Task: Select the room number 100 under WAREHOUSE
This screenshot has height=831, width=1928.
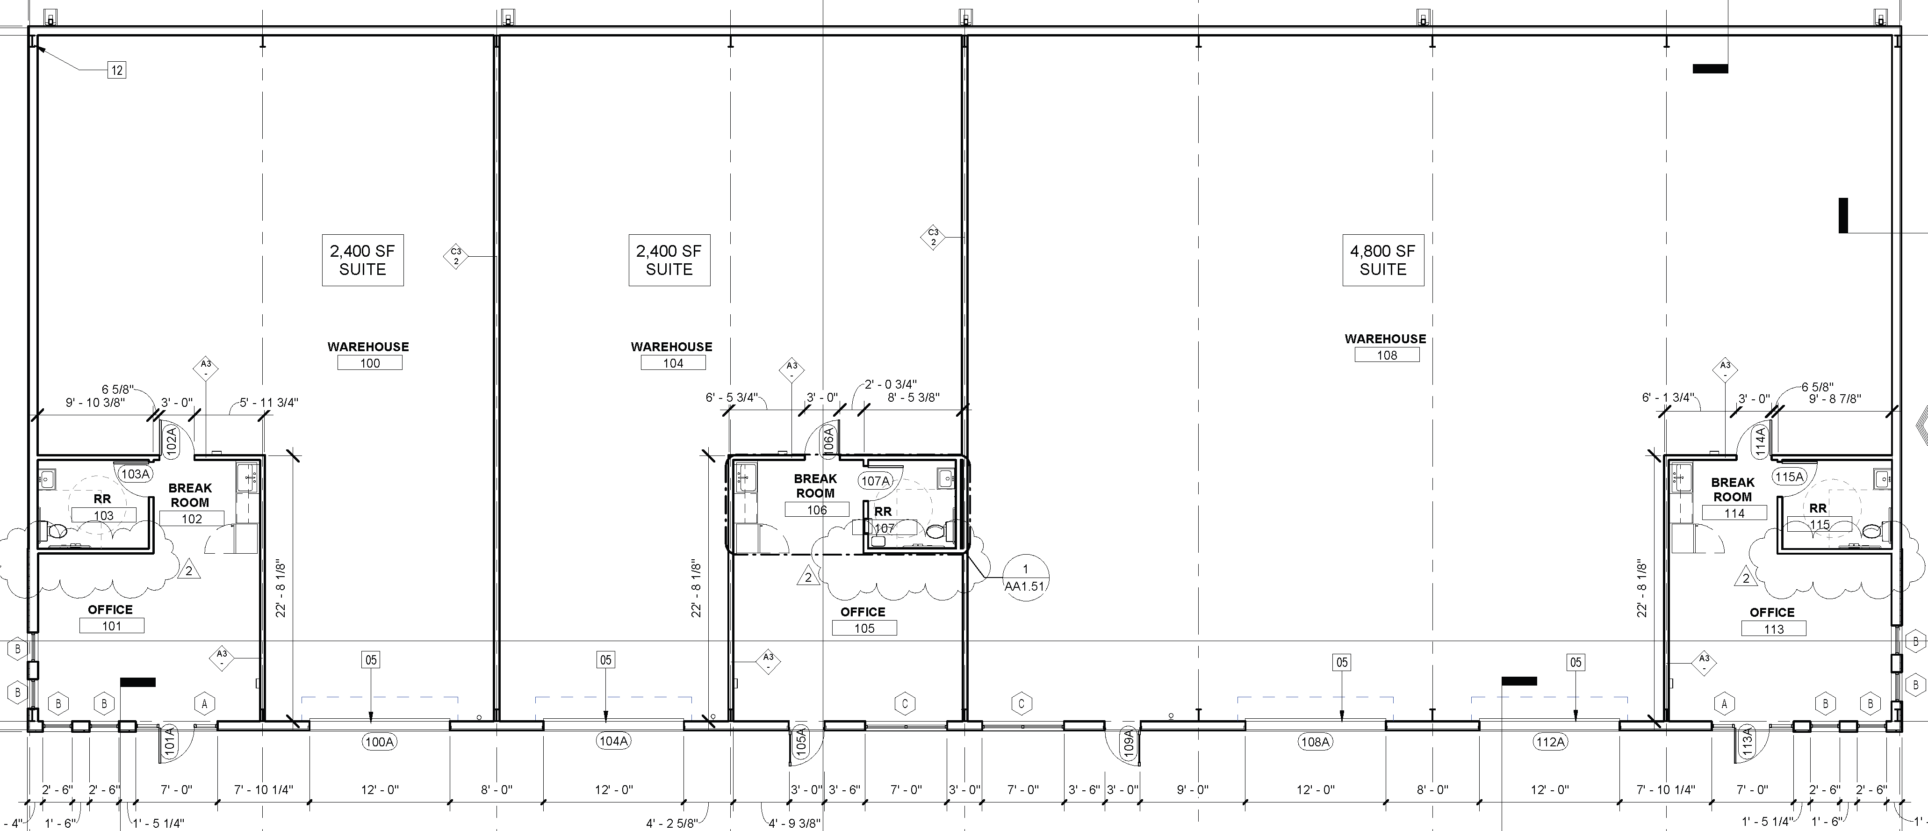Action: (370, 363)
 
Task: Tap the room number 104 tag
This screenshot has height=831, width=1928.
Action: (673, 363)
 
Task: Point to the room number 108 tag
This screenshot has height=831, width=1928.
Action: (1387, 355)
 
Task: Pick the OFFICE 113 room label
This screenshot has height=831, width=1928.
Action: (1773, 621)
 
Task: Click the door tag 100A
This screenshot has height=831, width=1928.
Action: (379, 742)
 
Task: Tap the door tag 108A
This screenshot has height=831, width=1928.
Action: (1315, 742)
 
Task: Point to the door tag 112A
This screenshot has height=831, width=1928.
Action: (1549, 742)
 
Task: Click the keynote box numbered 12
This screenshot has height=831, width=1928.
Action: (117, 70)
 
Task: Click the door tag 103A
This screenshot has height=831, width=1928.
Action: (136, 474)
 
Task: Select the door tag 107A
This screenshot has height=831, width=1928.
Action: (875, 481)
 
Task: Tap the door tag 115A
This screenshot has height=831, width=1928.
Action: (1789, 476)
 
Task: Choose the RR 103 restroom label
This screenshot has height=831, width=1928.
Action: (103, 507)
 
